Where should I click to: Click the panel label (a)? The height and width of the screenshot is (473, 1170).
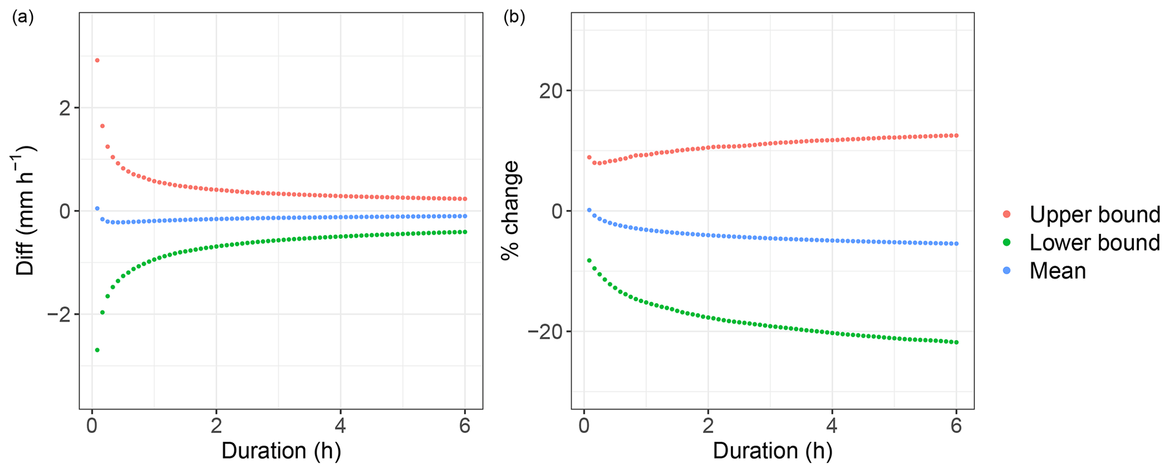23,18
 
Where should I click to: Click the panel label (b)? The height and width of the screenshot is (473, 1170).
514,18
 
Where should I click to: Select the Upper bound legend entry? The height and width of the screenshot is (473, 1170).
1094,214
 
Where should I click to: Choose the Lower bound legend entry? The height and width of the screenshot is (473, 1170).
1094,242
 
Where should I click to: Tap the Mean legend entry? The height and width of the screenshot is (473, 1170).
1057,271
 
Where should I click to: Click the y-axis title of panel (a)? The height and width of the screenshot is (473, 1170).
26,211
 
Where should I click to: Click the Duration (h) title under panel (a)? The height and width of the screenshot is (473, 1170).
281,451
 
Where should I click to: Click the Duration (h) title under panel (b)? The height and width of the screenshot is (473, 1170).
773,451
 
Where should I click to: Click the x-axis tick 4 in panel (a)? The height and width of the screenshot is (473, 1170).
340,426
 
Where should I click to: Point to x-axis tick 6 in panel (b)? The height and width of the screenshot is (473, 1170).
956,426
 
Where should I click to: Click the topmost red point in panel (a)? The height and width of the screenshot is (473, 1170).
97,60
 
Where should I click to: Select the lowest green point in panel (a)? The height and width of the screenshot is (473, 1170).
97,350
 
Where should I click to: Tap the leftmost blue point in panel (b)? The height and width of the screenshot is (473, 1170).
589,210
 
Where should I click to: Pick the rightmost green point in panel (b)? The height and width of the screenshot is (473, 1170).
956,342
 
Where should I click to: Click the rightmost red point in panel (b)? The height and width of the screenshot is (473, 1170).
956,135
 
